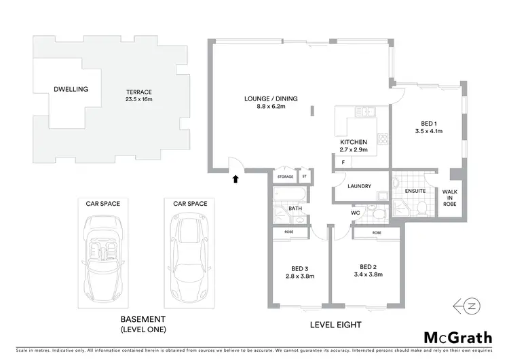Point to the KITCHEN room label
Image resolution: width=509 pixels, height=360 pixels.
click(353, 142)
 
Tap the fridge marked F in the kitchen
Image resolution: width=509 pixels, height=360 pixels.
click(343, 162)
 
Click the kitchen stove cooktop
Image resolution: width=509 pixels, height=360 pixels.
click(382, 137)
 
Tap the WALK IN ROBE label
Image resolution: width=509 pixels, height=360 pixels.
click(451, 198)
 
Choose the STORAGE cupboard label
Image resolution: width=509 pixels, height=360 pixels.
click(286, 177)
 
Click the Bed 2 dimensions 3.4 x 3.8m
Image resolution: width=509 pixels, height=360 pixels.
click(368, 274)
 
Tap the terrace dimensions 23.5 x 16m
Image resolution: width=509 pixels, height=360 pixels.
click(138, 99)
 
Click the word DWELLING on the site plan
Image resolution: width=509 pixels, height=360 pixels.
click(72, 89)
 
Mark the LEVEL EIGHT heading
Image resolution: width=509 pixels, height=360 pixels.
click(335, 324)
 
